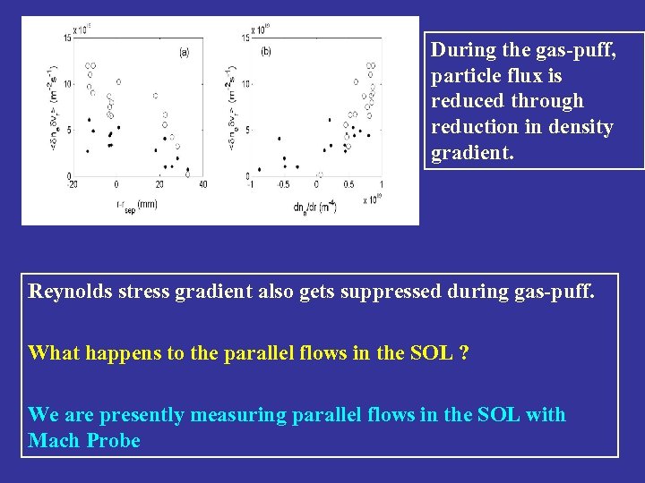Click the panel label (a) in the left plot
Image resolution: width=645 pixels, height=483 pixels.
[x=184, y=52]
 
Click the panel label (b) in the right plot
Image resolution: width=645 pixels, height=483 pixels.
[x=266, y=51]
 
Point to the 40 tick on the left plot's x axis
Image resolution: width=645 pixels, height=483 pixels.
[x=203, y=184]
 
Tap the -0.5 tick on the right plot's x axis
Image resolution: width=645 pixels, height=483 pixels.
[x=282, y=184]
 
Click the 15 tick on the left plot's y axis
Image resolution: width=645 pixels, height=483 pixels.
[x=67, y=38]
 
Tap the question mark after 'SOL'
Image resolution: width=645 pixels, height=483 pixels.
[x=463, y=352]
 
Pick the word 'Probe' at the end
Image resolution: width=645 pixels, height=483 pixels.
[x=116, y=441]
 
